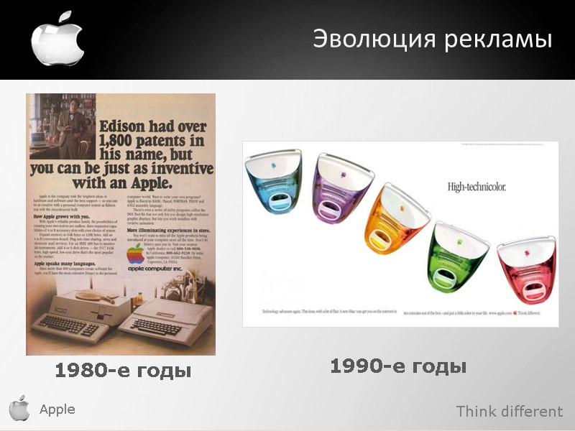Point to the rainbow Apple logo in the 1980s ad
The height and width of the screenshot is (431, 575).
(x=135, y=254)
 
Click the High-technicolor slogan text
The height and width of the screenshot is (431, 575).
(x=477, y=187)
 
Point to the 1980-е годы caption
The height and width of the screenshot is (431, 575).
(x=123, y=371)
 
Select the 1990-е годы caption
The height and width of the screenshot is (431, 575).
(x=398, y=366)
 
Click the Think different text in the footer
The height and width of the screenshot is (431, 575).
(x=510, y=412)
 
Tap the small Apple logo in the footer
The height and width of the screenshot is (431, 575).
(x=19, y=409)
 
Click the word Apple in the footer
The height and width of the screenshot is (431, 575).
(x=57, y=409)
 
